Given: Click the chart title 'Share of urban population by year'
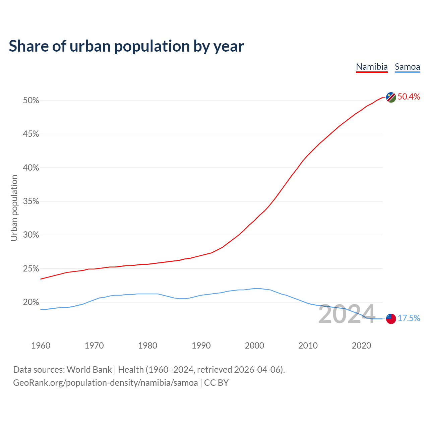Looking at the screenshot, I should (126, 46).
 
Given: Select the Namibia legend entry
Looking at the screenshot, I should (372, 67).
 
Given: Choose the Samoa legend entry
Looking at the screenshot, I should (407, 67).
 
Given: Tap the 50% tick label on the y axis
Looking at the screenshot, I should (31, 101).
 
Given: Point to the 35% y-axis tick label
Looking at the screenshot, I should (31, 201).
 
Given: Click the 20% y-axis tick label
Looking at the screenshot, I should (31, 302).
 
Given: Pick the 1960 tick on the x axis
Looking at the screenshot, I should (41, 346).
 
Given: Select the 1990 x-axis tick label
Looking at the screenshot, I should (201, 346).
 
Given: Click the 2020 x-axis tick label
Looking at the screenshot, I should (361, 346).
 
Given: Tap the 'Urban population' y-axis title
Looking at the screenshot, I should (14, 208).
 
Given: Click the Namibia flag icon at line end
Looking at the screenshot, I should (391, 97).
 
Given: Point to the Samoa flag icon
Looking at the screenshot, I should (391, 318).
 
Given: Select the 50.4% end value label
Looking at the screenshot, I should (409, 97).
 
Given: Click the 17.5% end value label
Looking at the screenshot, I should (409, 318).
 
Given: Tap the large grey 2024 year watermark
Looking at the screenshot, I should (347, 314).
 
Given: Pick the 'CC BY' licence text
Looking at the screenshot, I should (216, 383).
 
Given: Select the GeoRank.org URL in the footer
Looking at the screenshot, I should (105, 383).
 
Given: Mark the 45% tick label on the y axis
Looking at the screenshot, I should (31, 134).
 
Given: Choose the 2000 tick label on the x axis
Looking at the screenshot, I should (254, 346).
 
